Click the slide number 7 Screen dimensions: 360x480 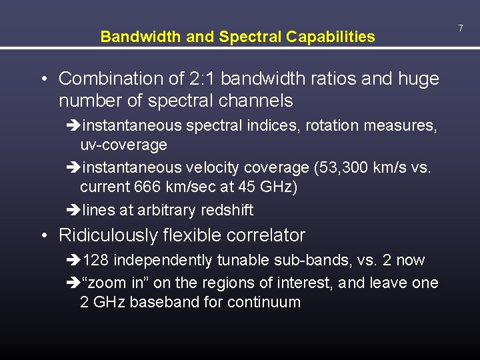coord(460,27)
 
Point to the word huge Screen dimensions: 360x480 coord(418,79)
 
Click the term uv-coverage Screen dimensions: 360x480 coord(123,145)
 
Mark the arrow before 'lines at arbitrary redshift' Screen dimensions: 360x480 coord(73,211)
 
